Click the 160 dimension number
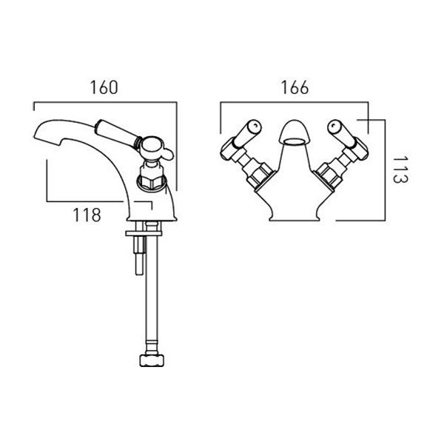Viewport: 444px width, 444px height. click(104, 87)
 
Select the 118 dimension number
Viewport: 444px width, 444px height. click(87, 215)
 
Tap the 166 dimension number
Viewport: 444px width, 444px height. click(295, 87)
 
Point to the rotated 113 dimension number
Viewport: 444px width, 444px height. click(400, 169)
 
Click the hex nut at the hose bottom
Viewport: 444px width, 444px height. click(152, 360)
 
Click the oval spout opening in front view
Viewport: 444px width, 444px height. click(295, 141)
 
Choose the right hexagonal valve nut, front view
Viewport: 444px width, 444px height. click(329, 175)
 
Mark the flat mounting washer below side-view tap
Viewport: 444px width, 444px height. click(144, 234)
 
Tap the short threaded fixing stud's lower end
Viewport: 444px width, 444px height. click(139, 272)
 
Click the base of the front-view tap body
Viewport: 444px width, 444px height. click(295, 218)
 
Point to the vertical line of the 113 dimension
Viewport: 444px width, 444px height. click(385, 170)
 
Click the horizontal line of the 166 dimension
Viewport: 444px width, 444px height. click(295, 102)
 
